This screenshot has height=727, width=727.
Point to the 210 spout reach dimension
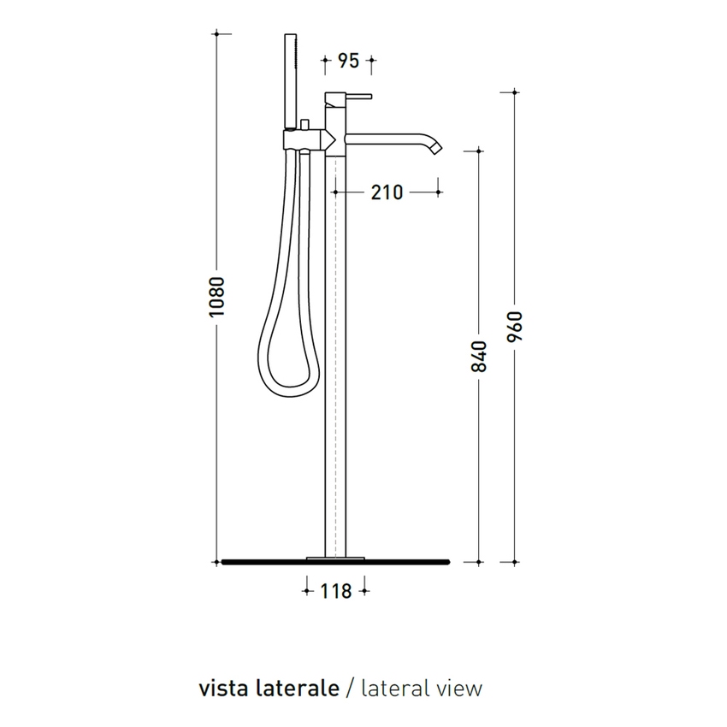(387, 192)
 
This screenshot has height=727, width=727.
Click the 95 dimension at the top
(347, 61)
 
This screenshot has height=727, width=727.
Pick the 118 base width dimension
(335, 590)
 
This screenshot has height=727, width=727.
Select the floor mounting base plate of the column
(335, 558)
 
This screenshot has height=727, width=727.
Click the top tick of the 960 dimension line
(514, 92)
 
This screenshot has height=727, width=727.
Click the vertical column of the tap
(335, 342)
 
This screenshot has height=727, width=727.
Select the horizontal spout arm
(385, 137)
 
